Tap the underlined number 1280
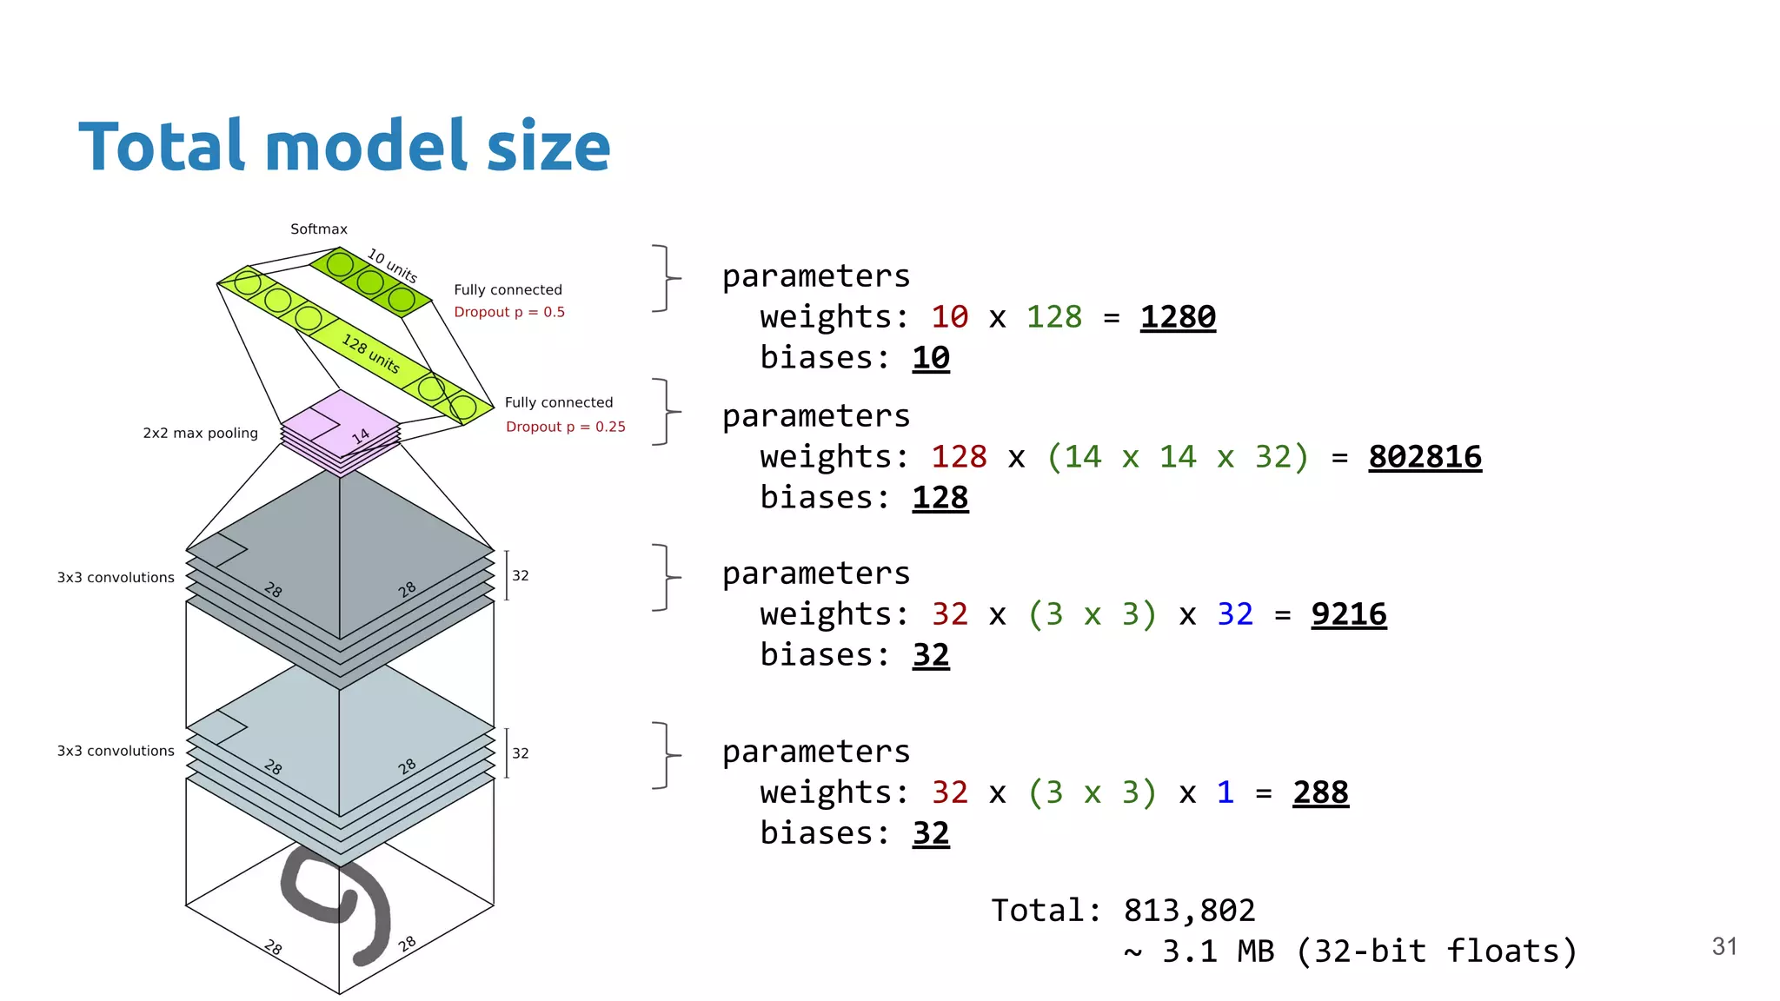coord(1177,317)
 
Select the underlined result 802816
coord(1425,457)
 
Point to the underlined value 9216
coord(1348,614)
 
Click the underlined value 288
coord(1319,792)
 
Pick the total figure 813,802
coord(1188,911)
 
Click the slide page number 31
coord(1724,946)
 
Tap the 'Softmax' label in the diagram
coord(318,229)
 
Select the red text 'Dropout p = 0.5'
coord(508,312)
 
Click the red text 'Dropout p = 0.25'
coord(565,427)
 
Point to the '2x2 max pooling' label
coord(200,433)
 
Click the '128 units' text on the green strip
coord(370,354)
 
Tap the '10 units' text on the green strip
coord(392,266)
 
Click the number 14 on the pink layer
coord(361,436)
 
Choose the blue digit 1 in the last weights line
coord(1225,792)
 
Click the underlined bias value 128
coord(940,498)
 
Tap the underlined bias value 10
coord(930,358)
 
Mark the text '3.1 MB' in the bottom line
coord(1217,951)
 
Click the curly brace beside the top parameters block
coord(666,278)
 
